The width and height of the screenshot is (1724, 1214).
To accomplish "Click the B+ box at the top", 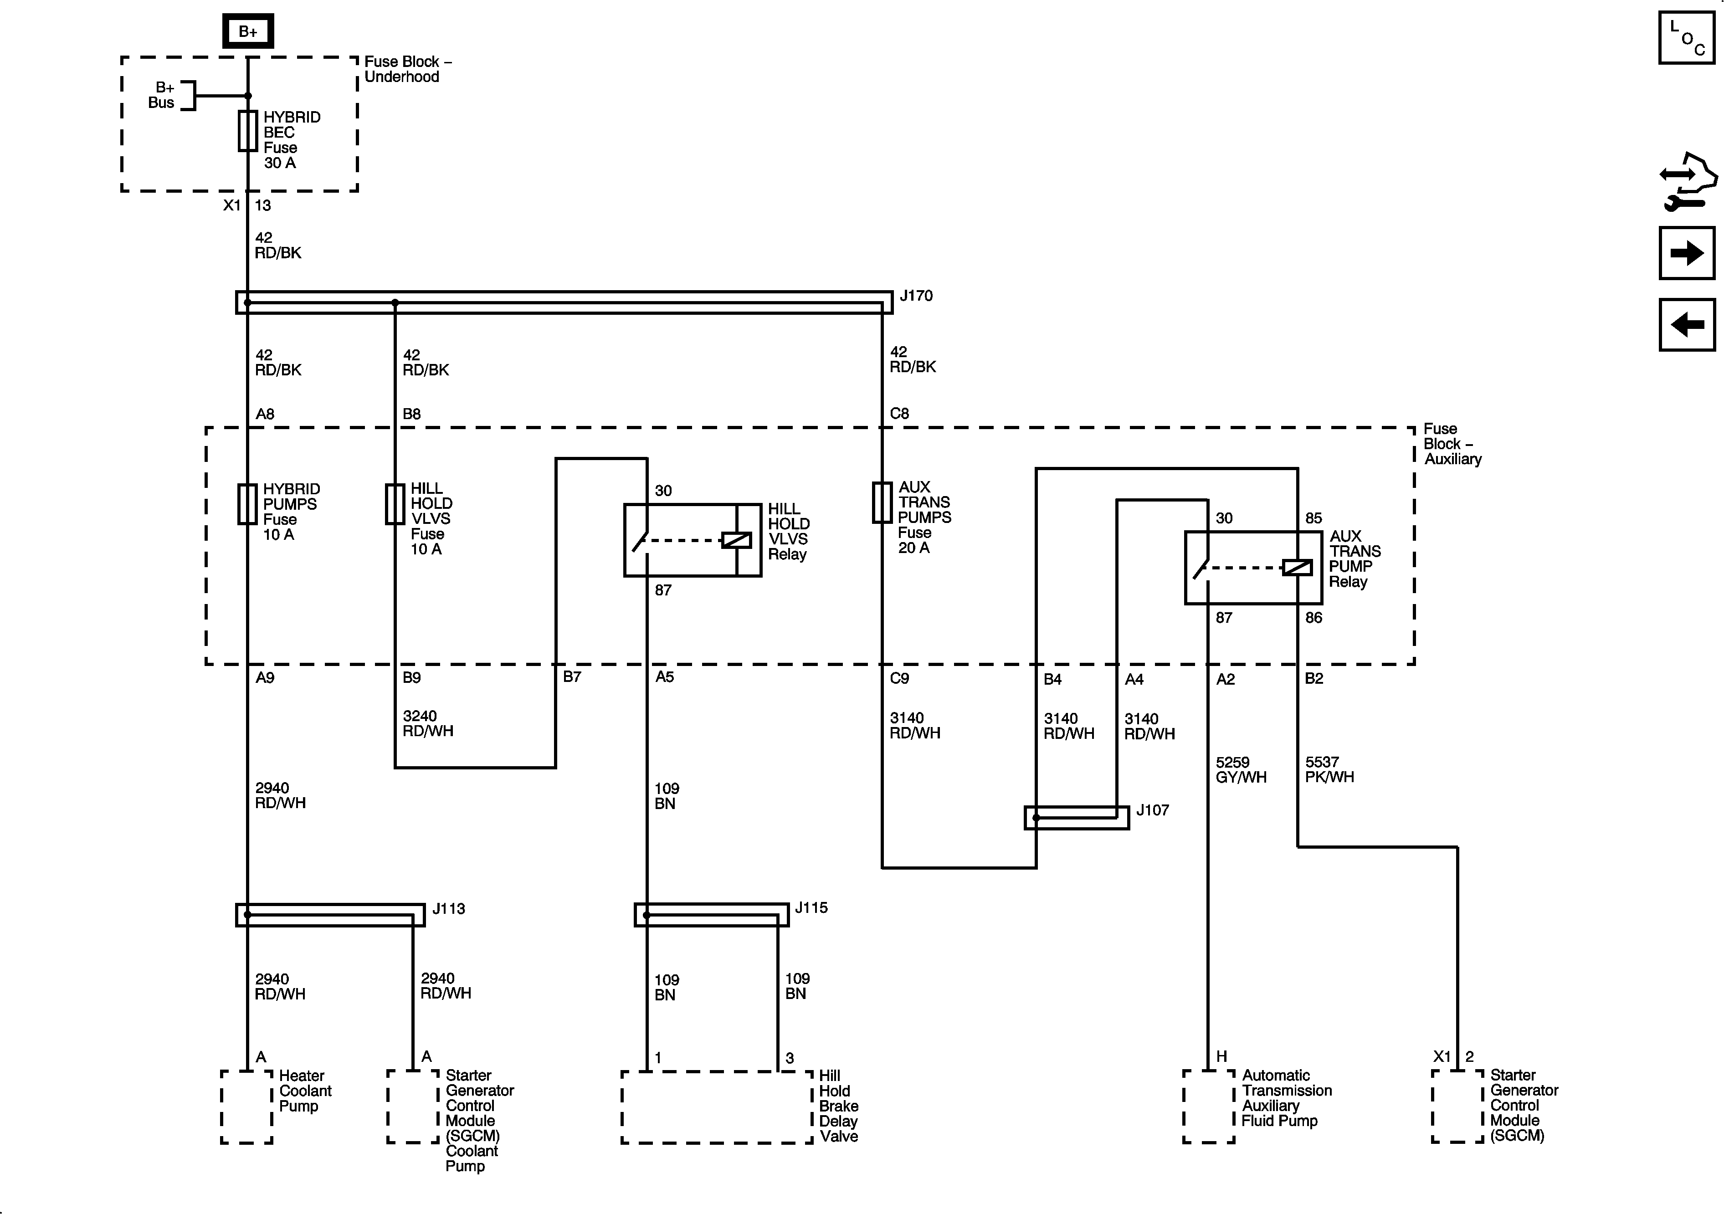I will coord(248,31).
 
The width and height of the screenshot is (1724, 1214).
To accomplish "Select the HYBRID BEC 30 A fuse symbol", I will coord(248,131).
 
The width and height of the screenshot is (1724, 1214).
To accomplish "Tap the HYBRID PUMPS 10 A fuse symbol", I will coord(248,504).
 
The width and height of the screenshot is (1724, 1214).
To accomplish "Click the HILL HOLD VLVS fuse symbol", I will coord(395,504).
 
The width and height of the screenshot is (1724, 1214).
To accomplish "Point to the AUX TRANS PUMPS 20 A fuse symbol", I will coord(882,502).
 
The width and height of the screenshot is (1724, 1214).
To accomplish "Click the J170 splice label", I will coord(916,296).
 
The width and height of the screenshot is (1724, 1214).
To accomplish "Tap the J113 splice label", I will coord(448,908).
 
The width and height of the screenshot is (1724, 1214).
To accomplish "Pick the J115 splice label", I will coord(811,908).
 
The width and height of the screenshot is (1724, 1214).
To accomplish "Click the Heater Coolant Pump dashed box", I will coord(246,1106).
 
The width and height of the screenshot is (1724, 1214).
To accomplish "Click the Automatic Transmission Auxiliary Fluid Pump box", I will coord(1208,1106).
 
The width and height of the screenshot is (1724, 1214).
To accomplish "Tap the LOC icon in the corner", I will coord(1687,37).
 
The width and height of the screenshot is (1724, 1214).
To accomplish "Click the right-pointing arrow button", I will coord(1687,253).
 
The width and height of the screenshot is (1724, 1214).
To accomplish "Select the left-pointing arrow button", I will coord(1687,325).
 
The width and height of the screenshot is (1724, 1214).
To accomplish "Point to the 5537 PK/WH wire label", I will coord(1329,769).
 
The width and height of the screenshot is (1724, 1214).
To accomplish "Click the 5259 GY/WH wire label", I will coord(1241,769).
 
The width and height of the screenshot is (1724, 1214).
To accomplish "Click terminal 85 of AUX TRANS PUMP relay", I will coord(1313,518).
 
